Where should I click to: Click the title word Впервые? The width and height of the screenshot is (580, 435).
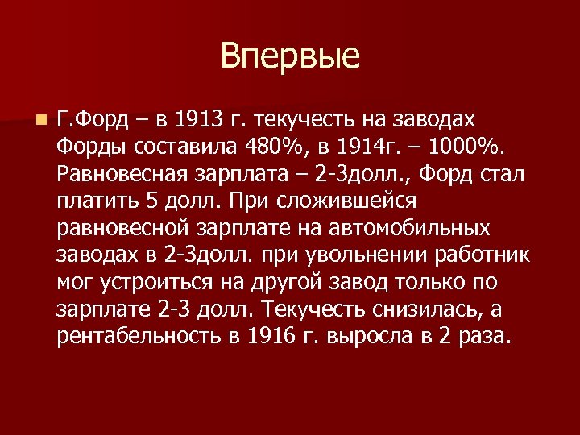pyautogui.click(x=289, y=57)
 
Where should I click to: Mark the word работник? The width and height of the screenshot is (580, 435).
pyautogui.click(x=483, y=255)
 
